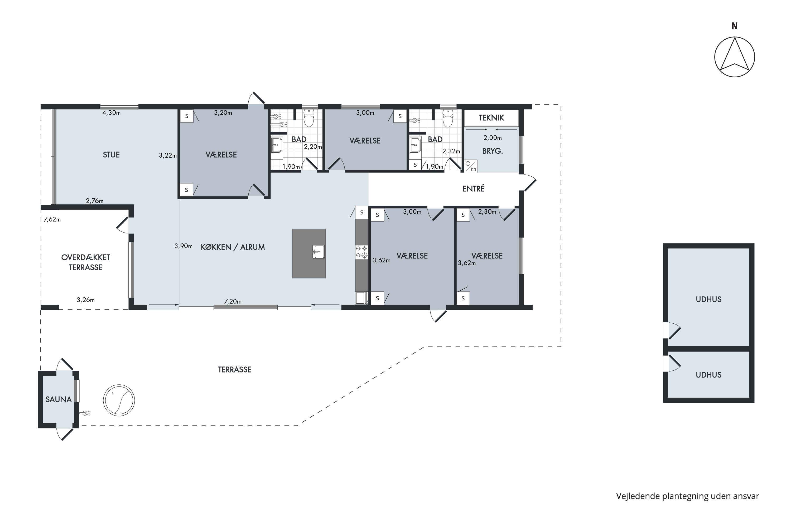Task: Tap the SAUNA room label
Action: [x=59, y=399]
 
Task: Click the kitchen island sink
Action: [x=319, y=252]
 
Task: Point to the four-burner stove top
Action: [x=361, y=252]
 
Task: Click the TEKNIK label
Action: [x=491, y=118]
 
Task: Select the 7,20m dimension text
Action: [x=233, y=301]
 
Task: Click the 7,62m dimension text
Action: [x=52, y=219]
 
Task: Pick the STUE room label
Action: [x=111, y=155]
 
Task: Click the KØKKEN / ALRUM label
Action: [x=233, y=247]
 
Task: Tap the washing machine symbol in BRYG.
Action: [x=471, y=166]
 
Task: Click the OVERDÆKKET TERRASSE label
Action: [x=85, y=262]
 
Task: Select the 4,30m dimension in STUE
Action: [x=111, y=113]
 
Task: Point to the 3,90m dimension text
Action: [x=183, y=246]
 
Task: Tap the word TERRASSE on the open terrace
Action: [x=234, y=370]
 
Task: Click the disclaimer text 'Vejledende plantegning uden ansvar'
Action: [x=687, y=496]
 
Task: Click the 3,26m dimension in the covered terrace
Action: [x=85, y=300]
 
